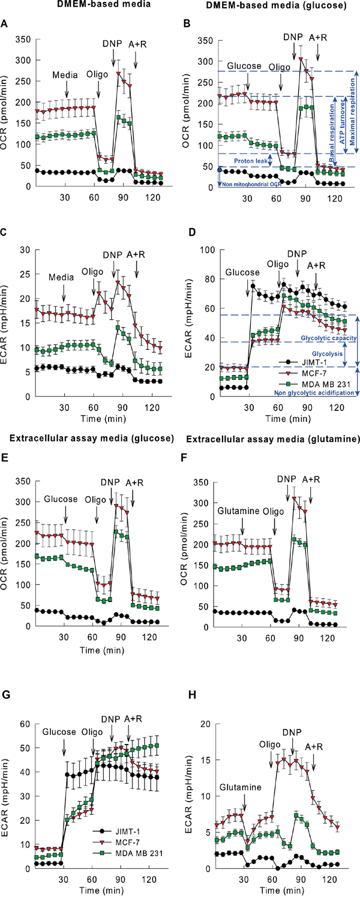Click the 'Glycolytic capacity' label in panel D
pos(325,339)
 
